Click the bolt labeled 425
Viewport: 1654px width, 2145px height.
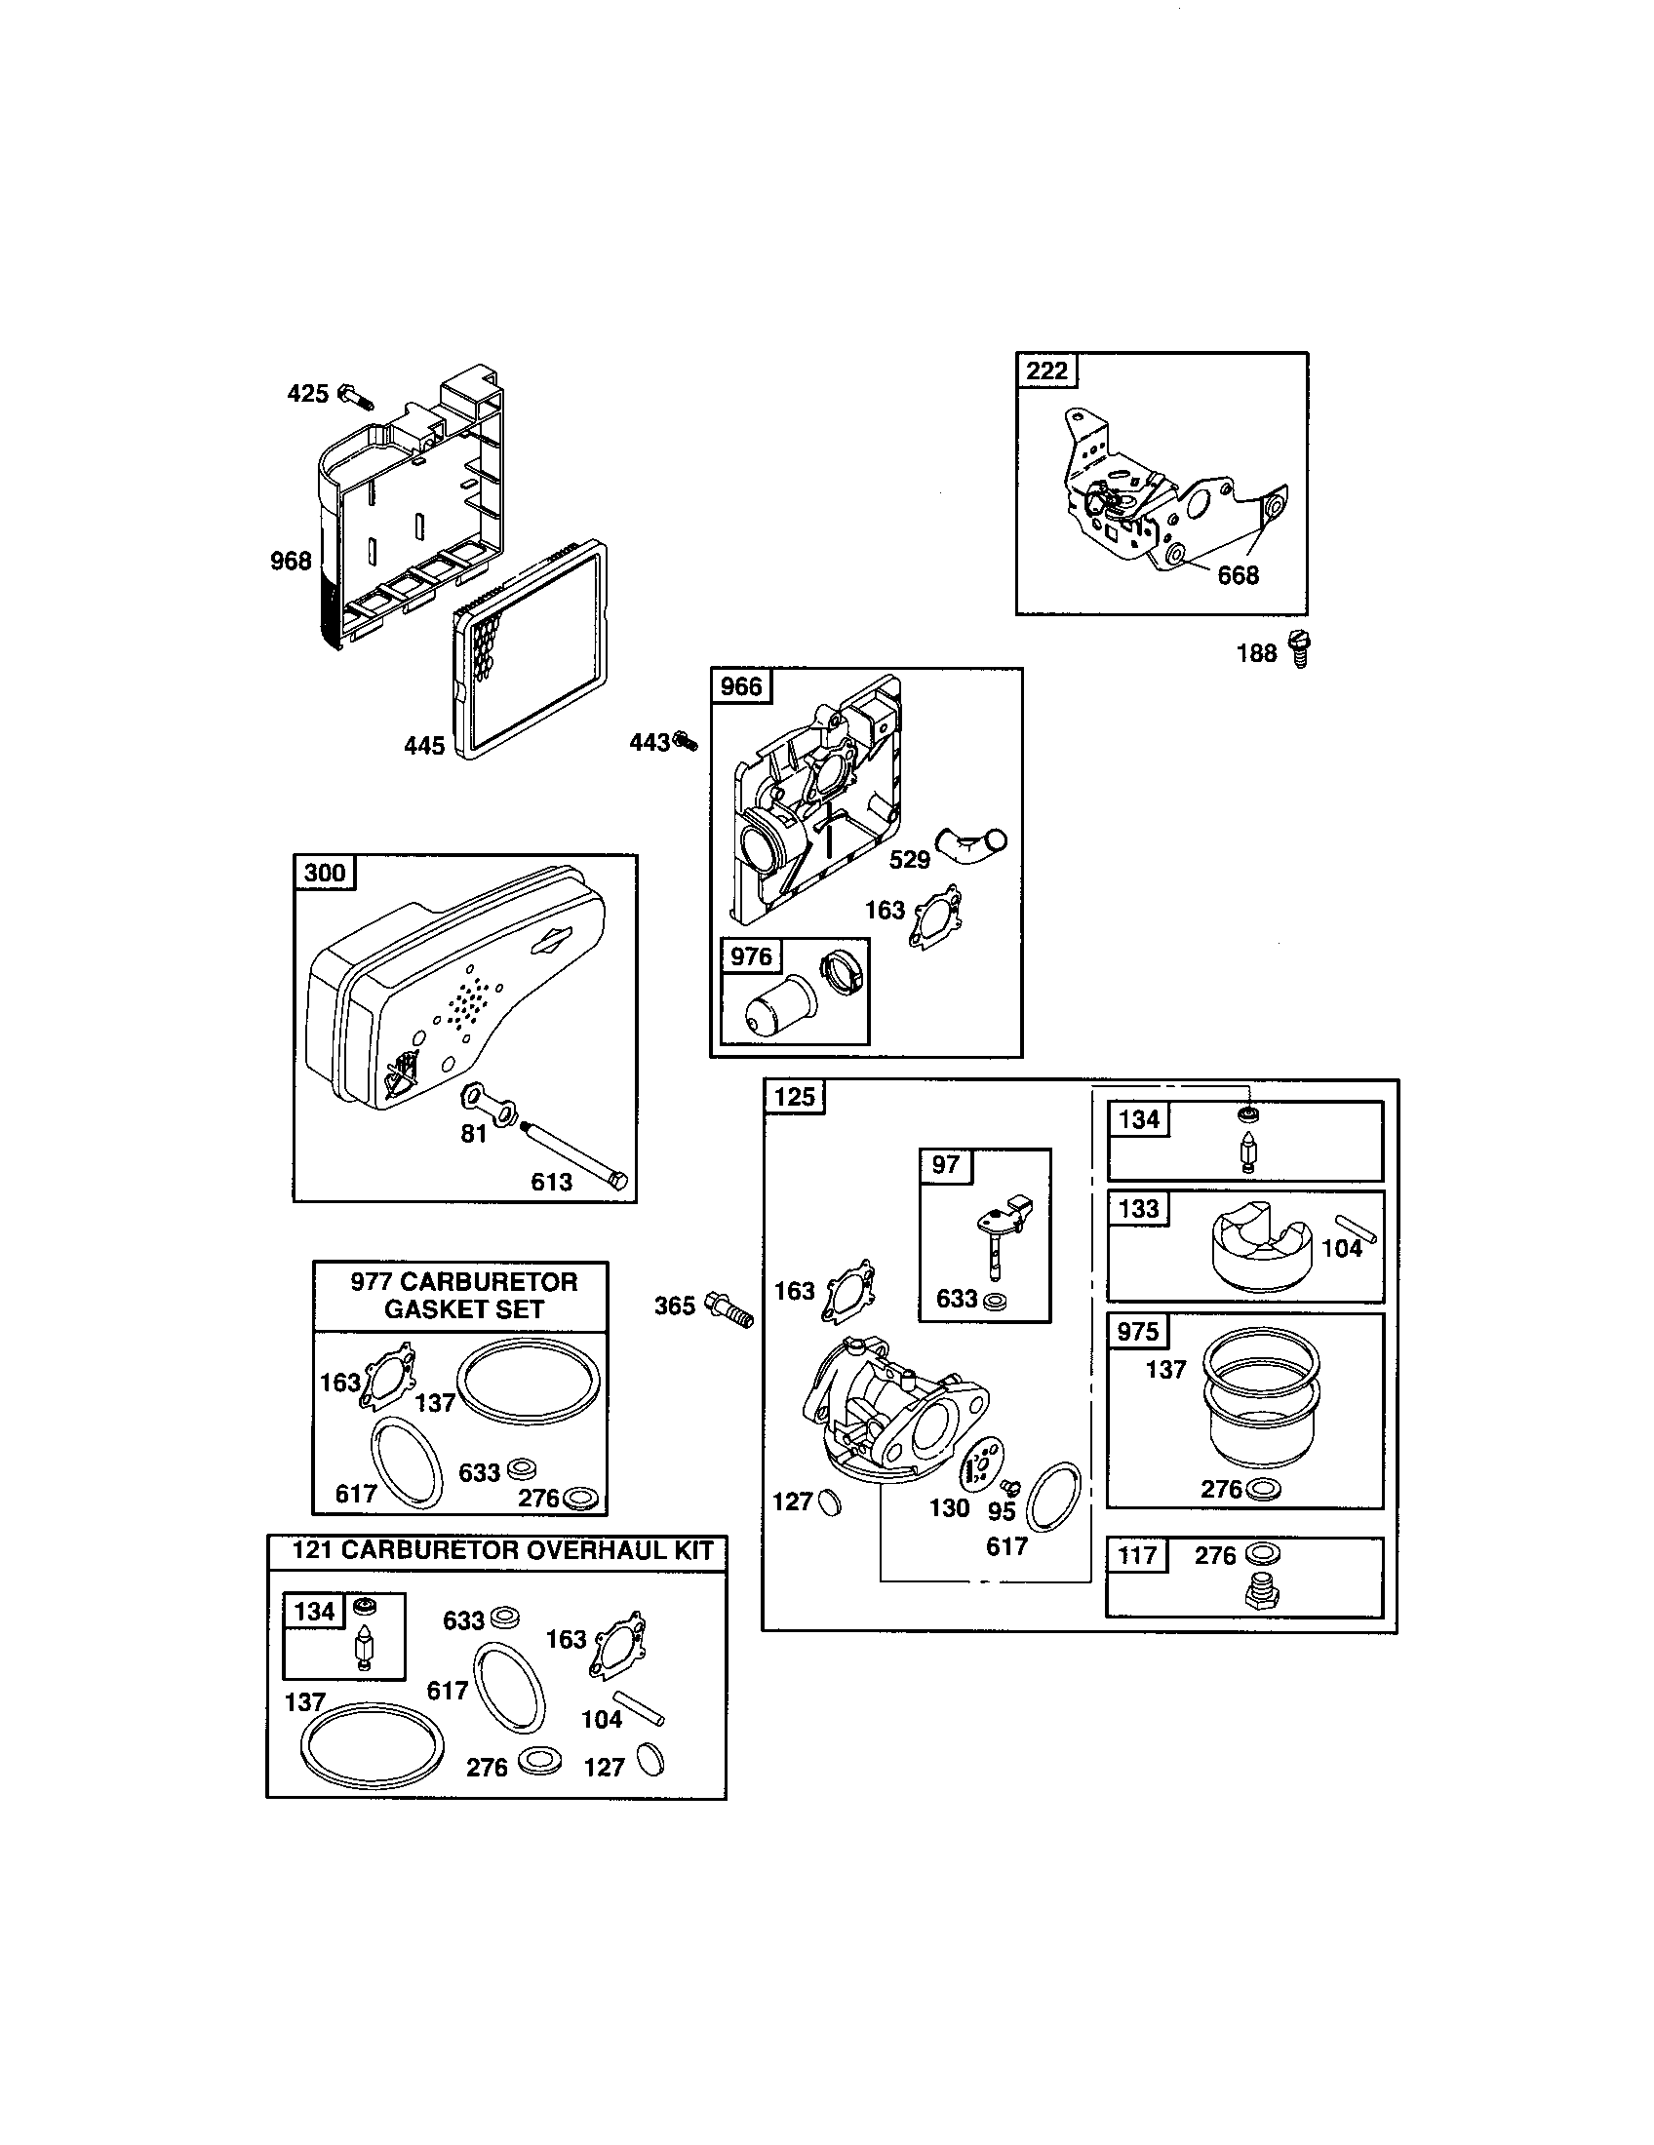click(x=357, y=396)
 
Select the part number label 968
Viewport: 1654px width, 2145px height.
click(x=291, y=561)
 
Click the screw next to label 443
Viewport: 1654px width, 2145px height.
click(x=686, y=742)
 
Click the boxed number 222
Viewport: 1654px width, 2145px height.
click(x=1046, y=371)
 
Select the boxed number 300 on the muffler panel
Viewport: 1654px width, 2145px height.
click(x=325, y=874)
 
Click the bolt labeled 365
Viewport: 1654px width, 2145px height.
click(x=730, y=1306)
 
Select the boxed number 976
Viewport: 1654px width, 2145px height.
click(x=751, y=955)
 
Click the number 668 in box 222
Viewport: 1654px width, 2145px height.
click(x=1238, y=575)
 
